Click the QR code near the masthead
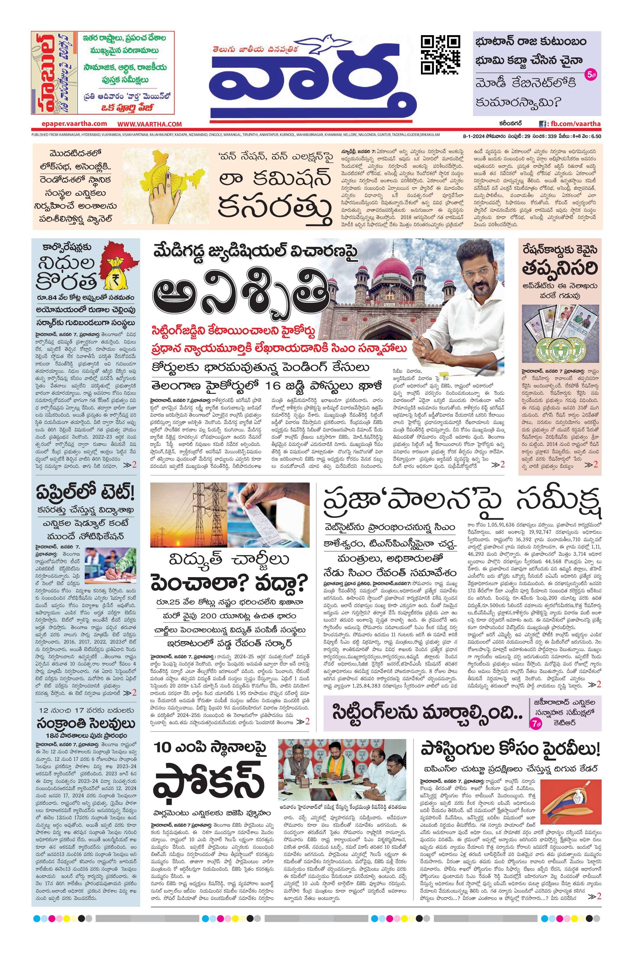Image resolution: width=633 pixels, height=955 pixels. [x=440, y=55]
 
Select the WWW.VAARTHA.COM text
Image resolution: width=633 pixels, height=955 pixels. [x=150, y=124]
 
